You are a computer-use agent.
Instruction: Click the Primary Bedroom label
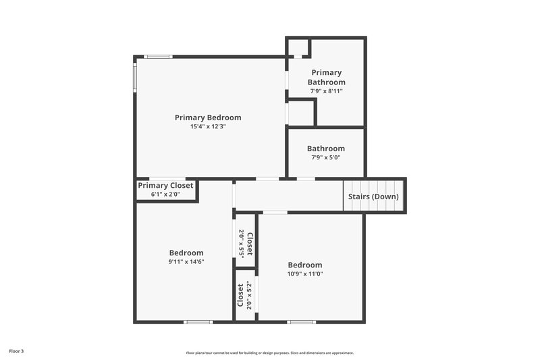[x=208, y=118]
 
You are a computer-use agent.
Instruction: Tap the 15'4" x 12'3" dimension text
[x=208, y=126]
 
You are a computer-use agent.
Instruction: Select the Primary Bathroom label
[x=326, y=77]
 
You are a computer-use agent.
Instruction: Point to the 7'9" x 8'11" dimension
[x=326, y=91]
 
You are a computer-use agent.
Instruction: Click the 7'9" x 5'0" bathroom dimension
[x=326, y=157]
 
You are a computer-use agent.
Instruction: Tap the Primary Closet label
[x=165, y=186]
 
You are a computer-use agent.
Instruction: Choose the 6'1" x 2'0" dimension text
[x=165, y=195]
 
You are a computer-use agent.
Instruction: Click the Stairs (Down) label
[x=373, y=197]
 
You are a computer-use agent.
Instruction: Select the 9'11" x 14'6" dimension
[x=186, y=261]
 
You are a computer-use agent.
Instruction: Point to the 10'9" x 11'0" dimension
[x=305, y=274]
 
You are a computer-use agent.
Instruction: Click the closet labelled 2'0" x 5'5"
[x=246, y=243]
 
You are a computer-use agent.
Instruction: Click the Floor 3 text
[x=16, y=351]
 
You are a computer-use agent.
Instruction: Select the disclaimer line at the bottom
[x=270, y=353]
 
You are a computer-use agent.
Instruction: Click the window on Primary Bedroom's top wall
[x=159, y=57]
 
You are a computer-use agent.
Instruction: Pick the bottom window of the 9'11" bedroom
[x=199, y=322]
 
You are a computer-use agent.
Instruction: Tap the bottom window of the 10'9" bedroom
[x=302, y=322]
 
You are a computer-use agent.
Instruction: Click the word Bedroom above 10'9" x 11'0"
[x=305, y=265]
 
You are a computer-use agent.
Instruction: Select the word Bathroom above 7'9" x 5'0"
[x=326, y=149]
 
